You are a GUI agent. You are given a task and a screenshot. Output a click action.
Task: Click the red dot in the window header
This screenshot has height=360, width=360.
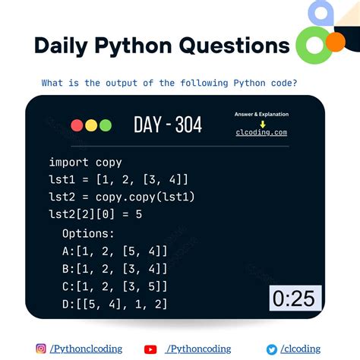point(77,125)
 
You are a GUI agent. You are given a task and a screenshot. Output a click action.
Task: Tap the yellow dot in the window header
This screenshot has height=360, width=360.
point(91,125)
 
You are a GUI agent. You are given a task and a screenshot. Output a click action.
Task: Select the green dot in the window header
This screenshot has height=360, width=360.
point(106,125)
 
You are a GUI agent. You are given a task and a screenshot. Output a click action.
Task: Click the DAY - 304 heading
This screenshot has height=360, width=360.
point(167,125)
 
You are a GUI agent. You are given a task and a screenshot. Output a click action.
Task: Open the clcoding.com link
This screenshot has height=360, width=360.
point(262,132)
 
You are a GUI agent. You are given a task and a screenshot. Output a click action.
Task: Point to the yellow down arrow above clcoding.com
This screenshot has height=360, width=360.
point(262,123)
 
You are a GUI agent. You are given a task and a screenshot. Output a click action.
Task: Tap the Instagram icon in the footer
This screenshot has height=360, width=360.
point(39,348)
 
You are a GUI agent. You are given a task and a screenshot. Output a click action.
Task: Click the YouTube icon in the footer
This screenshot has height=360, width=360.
point(150,349)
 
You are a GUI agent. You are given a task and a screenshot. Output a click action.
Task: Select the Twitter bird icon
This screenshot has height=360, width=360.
point(271,349)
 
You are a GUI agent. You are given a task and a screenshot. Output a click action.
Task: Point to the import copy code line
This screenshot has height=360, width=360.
point(85,162)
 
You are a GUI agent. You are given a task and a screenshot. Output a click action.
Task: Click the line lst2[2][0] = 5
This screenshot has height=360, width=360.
point(95,214)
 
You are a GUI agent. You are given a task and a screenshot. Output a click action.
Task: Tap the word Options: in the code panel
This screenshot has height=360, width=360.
point(87,233)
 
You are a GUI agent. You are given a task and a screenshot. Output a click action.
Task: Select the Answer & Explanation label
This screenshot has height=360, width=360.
point(261,114)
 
